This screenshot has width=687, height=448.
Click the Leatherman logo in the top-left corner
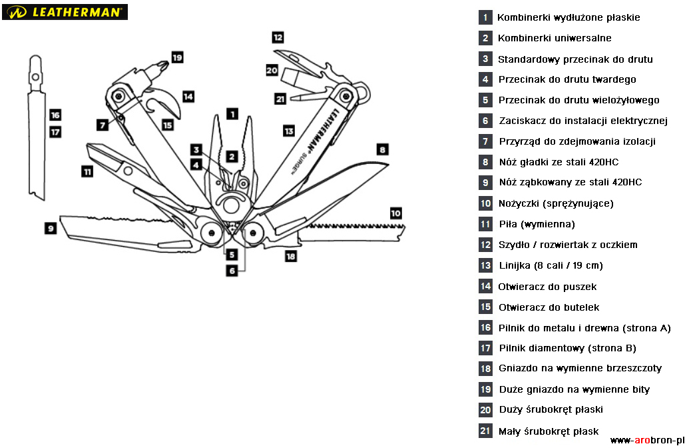click(65, 12)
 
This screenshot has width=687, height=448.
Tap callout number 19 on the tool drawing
click(177, 57)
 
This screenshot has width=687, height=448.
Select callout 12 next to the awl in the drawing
click(278, 37)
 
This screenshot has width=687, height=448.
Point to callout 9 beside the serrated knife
click(51, 228)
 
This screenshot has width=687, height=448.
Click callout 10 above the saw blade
click(395, 213)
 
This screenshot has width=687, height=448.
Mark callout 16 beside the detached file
click(55, 115)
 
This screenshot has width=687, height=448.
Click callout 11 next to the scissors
click(87, 171)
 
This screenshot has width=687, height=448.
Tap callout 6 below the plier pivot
click(232, 271)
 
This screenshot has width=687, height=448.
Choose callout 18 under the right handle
click(290, 255)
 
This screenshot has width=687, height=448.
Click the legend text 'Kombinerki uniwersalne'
click(555, 38)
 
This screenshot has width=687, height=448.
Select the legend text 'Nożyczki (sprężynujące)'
click(556, 203)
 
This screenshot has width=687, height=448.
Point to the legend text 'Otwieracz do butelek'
click(549, 307)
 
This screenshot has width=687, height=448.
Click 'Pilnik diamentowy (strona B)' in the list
click(567, 348)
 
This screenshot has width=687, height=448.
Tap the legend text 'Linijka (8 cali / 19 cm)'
click(551, 265)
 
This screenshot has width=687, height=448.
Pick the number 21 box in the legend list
click(486, 431)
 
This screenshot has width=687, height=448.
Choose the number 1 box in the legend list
click(486, 17)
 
